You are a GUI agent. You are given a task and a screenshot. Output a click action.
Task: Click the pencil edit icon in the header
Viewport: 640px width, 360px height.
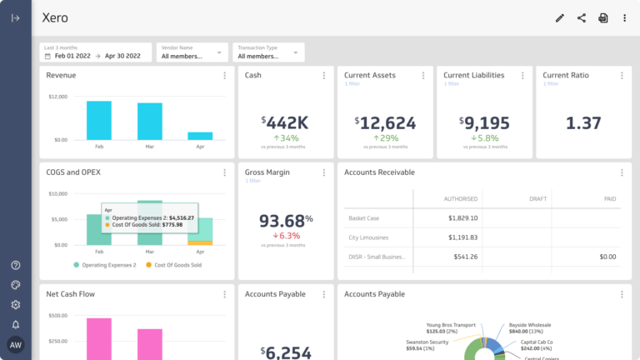point(560,17)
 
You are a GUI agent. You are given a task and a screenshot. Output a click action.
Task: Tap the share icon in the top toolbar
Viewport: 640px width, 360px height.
point(582,17)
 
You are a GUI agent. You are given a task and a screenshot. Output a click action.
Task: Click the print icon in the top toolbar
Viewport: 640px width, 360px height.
point(603,17)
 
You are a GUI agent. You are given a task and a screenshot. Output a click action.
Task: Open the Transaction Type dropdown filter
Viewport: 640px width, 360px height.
point(267,52)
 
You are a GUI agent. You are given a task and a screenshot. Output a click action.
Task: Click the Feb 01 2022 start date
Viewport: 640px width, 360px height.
point(72,56)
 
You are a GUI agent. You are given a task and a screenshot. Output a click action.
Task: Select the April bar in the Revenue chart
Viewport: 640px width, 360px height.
point(200,135)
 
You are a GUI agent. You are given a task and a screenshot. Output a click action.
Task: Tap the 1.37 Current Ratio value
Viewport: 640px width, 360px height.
point(583,123)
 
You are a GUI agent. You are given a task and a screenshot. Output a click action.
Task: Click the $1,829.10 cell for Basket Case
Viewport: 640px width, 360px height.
point(461,218)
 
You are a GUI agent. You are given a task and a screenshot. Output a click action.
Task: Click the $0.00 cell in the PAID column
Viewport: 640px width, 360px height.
point(607,257)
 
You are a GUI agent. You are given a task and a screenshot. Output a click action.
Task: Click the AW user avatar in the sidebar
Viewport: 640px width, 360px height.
point(16,345)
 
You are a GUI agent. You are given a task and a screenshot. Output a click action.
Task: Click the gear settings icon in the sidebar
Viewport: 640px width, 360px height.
point(16,305)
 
